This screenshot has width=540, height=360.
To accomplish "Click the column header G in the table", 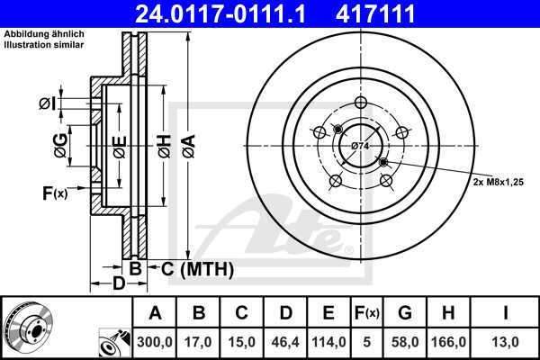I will [x=404, y=313].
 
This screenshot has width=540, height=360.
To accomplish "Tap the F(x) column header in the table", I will [x=366, y=313].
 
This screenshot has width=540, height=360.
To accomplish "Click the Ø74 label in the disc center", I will [x=360, y=145].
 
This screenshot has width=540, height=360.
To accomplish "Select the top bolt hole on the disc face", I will [x=360, y=101].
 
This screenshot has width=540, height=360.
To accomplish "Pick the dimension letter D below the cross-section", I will [x=117, y=284].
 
